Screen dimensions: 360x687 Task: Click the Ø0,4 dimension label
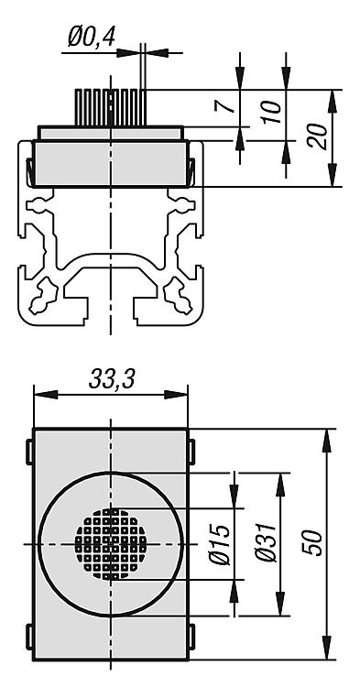[x=92, y=37]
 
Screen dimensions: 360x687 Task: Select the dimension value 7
[x=223, y=105]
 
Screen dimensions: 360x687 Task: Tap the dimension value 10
[x=272, y=112]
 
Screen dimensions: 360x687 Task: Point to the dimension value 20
[x=318, y=136]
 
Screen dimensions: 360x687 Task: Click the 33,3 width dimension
[x=112, y=379]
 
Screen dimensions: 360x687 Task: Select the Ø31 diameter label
[x=267, y=542]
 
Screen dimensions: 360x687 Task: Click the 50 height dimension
[x=313, y=543]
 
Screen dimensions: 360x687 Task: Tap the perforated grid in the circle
[x=111, y=544]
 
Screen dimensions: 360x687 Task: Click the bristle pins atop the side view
[x=110, y=108]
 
